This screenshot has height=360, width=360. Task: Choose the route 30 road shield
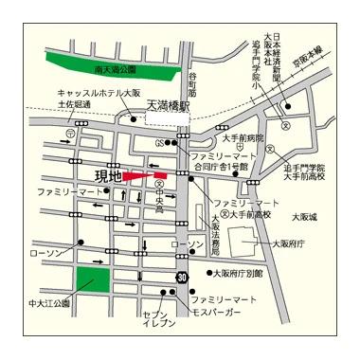pos(181,275)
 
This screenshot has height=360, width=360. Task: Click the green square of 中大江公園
pos(93,282)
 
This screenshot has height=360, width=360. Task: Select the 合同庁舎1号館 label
pos(222,167)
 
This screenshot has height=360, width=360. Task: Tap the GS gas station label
pos(161,143)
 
